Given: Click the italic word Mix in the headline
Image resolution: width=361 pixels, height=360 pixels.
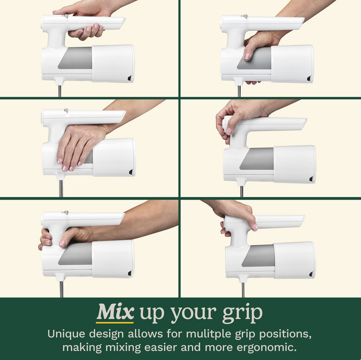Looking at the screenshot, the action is pos(115,312).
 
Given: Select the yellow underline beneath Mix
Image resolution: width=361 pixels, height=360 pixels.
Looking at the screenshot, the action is pos(115,323).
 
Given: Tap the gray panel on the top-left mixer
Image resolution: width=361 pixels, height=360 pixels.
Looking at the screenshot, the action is pos(75,58).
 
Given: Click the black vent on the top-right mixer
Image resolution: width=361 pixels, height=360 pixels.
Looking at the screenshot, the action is pos(309,79).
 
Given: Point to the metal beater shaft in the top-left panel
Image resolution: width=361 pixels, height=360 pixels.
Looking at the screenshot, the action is pos(60,91).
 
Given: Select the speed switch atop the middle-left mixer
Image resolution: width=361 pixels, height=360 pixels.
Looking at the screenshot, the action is pos(66,110).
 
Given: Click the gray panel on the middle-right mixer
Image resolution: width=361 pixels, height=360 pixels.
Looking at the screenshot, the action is pos(257,159).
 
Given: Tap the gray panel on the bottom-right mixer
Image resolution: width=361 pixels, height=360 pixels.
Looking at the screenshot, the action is pos(258,256).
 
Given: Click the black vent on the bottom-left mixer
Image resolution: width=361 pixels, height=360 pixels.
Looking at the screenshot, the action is pos(130,274).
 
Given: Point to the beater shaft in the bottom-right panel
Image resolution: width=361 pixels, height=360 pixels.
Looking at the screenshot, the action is pos(243,290).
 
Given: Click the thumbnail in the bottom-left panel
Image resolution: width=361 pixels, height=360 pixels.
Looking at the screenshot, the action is pos(63,244).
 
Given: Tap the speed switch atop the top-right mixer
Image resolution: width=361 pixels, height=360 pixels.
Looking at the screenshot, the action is pos(245,16).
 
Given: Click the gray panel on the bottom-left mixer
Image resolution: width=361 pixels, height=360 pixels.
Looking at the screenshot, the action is pos(75,253).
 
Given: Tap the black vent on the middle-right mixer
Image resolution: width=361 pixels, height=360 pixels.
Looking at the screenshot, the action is pos(311,179).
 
